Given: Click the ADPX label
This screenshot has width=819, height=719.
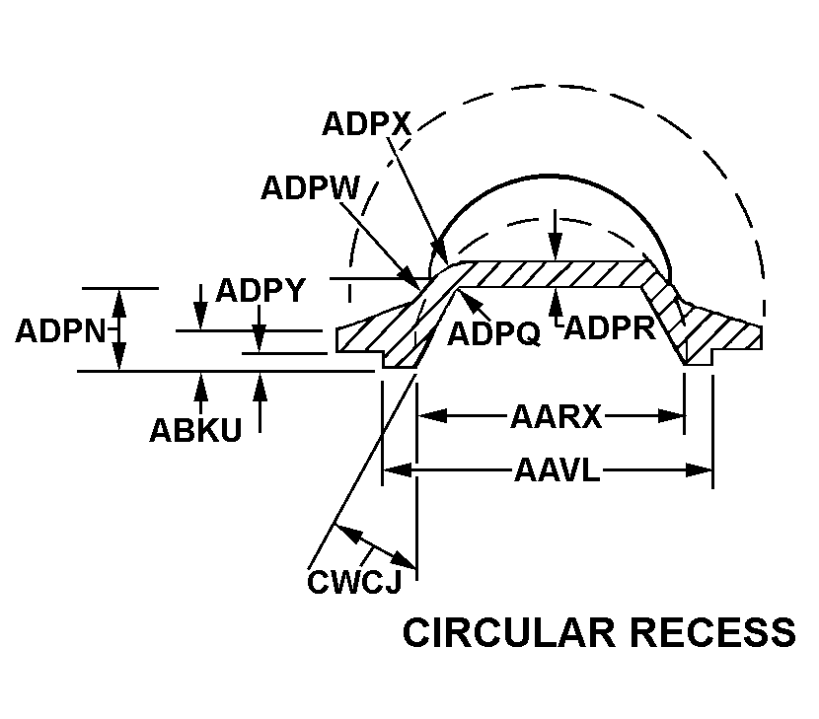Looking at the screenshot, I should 366,124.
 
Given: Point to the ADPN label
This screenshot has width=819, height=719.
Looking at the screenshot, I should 60,330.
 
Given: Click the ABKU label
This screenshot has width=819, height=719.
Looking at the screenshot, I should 195,431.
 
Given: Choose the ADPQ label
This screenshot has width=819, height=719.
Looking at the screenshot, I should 493,334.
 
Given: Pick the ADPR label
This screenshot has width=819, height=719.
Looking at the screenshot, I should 611,327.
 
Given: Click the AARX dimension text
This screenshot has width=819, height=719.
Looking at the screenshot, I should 556,417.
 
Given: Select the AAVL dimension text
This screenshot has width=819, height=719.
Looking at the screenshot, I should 558,470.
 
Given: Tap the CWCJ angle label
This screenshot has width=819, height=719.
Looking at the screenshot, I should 353,583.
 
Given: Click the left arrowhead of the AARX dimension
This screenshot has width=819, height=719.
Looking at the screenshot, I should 427,416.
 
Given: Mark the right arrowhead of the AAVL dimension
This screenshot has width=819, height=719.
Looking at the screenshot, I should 702,470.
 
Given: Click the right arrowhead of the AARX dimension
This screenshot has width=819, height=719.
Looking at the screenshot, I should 675,416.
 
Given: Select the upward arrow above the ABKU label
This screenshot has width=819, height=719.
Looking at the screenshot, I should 201,384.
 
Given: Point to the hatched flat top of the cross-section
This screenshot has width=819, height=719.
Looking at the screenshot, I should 553,273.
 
